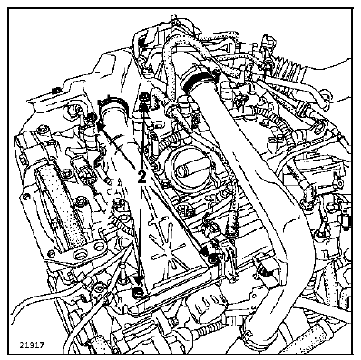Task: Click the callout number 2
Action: point(141,177)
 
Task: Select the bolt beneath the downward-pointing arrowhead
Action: point(139,292)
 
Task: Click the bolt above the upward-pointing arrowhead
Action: point(144,98)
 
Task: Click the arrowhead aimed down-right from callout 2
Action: point(205,250)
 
